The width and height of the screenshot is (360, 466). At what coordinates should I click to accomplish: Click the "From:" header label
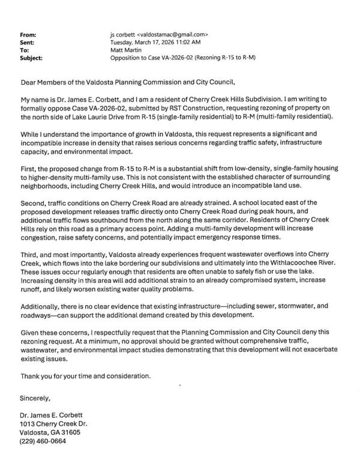[x=29, y=35]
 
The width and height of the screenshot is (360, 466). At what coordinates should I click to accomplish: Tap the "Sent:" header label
[x=28, y=43]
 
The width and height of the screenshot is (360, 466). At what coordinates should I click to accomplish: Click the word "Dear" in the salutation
[x=29, y=82]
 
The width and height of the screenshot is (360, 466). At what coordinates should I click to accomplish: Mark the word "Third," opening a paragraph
[x=30, y=256]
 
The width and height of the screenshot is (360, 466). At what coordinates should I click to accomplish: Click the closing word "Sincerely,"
[x=35, y=398]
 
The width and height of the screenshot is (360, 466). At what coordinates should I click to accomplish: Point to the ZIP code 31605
[x=70, y=432]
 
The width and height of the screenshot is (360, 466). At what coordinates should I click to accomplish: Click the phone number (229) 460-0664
[x=43, y=440]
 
